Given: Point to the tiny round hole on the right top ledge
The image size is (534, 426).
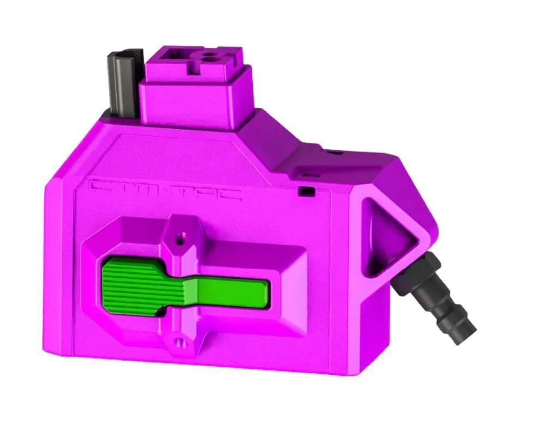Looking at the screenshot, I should (x=335, y=153).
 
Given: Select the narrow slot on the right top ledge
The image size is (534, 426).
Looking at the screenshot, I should (x=310, y=175).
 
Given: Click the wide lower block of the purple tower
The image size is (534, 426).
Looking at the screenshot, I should (x=196, y=104).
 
